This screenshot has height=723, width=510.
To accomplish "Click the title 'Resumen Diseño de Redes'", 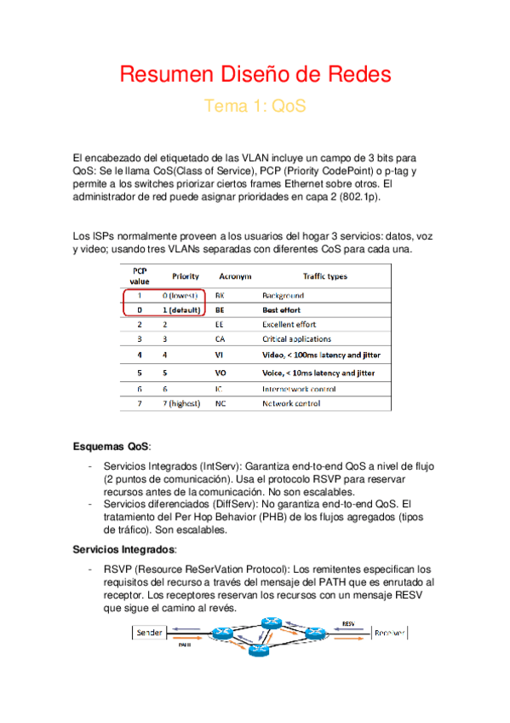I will coord(255,75).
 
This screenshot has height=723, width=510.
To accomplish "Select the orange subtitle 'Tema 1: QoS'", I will coord(255,107).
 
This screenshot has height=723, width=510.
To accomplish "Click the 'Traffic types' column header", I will coord(324,277).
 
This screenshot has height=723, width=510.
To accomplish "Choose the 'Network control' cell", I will coord(291,402).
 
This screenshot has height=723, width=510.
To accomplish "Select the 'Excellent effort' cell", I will coord(289,325).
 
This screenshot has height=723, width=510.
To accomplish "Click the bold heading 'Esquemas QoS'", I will coord(111,448).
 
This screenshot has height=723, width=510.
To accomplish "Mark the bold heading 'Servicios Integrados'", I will coord(123,550).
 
